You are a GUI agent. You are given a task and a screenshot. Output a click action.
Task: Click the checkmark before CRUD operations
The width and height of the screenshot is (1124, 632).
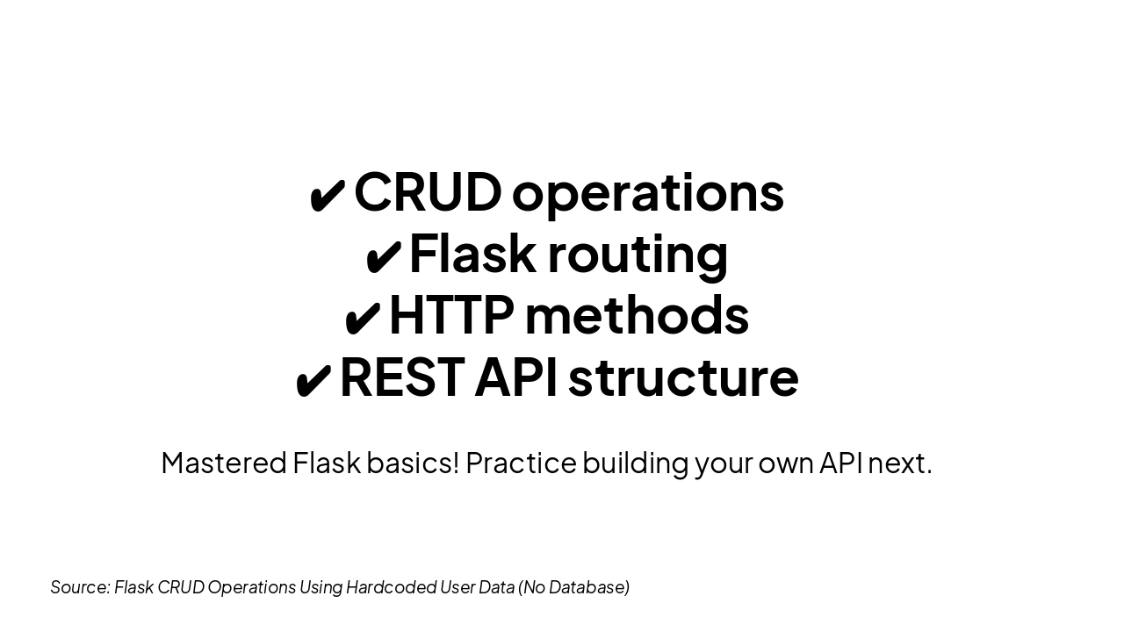(328, 196)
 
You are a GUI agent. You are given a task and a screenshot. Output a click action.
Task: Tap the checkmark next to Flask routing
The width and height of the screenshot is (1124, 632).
(384, 256)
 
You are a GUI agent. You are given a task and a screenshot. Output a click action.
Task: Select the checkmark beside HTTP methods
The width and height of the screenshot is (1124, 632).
(362, 318)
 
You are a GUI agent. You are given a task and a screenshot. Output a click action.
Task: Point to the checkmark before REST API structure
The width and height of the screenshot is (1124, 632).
(313, 380)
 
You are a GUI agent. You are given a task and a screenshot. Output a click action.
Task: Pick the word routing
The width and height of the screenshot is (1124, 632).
(638, 255)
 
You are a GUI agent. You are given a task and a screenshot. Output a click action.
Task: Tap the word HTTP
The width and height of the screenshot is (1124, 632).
(451, 315)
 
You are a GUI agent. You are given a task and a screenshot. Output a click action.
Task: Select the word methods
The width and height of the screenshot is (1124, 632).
(638, 315)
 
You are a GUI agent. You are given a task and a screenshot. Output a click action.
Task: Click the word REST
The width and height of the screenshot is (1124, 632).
(402, 377)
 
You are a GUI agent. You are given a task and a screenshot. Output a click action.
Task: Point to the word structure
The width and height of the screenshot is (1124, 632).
(683, 378)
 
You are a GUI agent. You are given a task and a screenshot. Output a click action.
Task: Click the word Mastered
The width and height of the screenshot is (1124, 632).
(224, 463)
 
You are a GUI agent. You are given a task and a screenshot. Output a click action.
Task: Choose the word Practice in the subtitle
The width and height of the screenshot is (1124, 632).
(521, 463)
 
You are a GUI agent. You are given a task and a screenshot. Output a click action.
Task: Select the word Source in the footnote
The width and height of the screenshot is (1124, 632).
(80, 587)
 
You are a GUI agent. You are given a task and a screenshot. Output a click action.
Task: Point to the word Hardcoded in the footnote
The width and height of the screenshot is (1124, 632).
(392, 587)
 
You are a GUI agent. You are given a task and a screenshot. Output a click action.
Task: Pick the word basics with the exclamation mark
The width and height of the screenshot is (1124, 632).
(413, 462)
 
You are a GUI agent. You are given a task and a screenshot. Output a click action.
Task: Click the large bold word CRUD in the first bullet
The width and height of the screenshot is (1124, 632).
(428, 191)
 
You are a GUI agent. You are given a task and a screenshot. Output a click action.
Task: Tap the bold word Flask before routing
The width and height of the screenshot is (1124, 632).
(472, 254)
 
